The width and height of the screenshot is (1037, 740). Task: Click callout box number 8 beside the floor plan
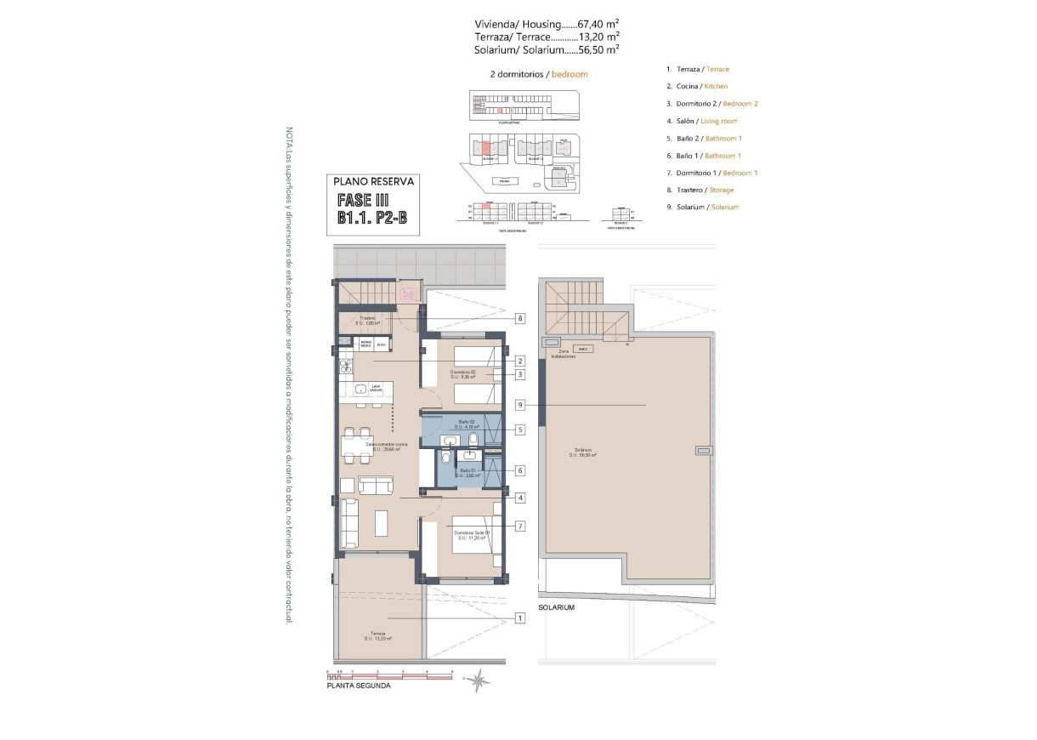pyautogui.click(x=519, y=319)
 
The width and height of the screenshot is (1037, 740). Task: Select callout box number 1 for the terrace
pyautogui.click(x=519, y=618)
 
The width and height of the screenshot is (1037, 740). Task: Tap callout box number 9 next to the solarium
pyautogui.click(x=519, y=406)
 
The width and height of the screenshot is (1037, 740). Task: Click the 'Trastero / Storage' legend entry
pyautogui.click(x=700, y=190)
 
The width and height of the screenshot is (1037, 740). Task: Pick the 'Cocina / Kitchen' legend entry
pyautogui.click(x=697, y=86)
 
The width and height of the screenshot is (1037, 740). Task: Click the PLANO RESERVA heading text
pyautogui.click(x=373, y=181)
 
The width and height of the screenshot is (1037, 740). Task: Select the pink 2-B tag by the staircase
pyautogui.click(x=408, y=294)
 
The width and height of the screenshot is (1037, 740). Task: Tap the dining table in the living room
pyautogui.click(x=356, y=444)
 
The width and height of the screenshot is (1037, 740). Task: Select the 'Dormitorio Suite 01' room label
pyautogui.click(x=472, y=533)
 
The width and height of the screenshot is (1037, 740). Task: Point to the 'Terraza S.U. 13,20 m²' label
pyautogui.click(x=379, y=636)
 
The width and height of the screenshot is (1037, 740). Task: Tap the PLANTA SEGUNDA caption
pyautogui.click(x=359, y=686)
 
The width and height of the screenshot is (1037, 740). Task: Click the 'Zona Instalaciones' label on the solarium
pyautogui.click(x=563, y=354)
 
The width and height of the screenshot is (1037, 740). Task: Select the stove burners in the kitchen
pyautogui.click(x=346, y=367)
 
